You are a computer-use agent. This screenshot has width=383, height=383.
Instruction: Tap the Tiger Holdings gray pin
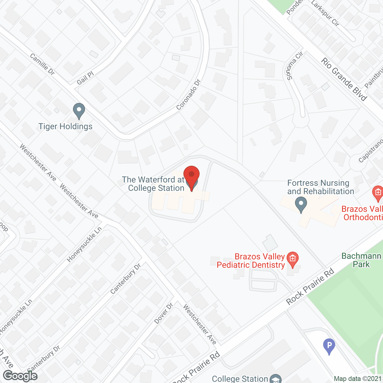click(79, 110)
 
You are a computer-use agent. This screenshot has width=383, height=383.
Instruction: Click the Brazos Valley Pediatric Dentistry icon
click(293, 259)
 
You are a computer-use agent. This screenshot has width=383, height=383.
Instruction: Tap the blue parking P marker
click(329, 346)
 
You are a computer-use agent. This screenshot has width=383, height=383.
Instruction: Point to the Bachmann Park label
click(361, 260)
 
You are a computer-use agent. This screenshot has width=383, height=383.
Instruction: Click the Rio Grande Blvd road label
click(344, 79)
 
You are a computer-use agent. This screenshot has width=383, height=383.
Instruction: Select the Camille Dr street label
click(42, 64)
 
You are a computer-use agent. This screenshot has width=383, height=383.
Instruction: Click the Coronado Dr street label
click(188, 94)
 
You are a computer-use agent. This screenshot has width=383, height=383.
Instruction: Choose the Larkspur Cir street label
click(325, 13)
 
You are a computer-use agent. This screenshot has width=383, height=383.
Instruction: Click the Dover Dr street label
click(164, 313)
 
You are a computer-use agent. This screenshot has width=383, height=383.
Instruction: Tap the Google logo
click(20, 376)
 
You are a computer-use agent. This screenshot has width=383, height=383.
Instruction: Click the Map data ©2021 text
click(358, 379)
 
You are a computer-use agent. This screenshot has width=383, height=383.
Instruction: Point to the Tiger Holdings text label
click(66, 126)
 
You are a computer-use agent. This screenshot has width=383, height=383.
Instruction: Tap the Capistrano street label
click(371, 151)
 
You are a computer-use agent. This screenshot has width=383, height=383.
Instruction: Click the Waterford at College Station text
click(153, 184)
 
